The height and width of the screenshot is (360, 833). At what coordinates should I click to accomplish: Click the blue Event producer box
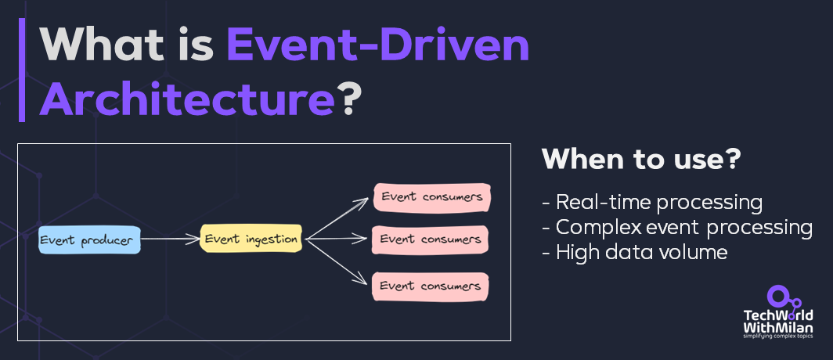pyautogui.click(x=89, y=240)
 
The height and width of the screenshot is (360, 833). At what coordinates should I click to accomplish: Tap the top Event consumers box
pyautogui.click(x=431, y=197)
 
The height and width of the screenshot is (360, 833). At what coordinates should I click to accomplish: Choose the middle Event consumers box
pyautogui.click(x=431, y=239)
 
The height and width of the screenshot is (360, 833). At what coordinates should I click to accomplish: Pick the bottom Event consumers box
pyautogui.click(x=431, y=286)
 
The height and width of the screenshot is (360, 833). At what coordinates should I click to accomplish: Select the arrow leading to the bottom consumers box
pyautogui.click(x=337, y=261)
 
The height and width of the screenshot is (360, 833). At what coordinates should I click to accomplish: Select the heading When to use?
pyautogui.click(x=641, y=160)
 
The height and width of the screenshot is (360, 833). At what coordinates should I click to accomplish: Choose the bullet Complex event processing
pyautogui.click(x=676, y=227)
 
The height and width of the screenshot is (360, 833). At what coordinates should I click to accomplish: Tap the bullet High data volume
pyautogui.click(x=634, y=252)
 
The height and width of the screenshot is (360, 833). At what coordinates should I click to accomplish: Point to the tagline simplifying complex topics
pyautogui.click(x=777, y=337)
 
